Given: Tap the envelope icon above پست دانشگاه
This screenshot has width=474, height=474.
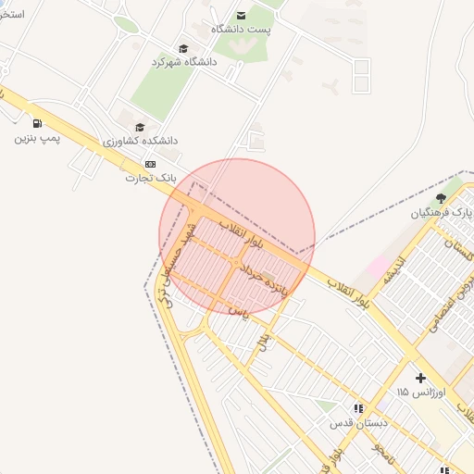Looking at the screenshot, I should click(x=242, y=15).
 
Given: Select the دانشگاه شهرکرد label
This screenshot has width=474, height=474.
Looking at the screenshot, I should click(x=183, y=62).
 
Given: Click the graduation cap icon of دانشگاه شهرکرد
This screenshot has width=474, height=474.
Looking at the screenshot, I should click(x=183, y=48).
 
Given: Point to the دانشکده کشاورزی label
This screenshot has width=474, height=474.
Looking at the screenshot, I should click(x=141, y=141).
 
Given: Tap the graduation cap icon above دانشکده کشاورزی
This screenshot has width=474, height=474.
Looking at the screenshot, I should click(x=140, y=128).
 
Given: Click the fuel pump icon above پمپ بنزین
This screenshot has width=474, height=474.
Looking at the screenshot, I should click(x=37, y=124).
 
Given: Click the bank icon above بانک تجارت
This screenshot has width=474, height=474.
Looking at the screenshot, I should click(x=151, y=164).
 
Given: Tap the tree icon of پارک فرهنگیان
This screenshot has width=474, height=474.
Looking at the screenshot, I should click(x=441, y=198).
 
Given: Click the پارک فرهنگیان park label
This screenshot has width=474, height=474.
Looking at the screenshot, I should click(x=443, y=212).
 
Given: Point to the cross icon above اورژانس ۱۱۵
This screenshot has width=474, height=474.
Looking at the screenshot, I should click(x=421, y=378).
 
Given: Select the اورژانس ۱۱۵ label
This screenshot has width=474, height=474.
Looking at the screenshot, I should click(x=421, y=393).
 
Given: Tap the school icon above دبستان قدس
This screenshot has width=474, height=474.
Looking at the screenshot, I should click(x=357, y=408).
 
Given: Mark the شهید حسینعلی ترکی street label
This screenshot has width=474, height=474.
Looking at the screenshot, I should click(x=177, y=264).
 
